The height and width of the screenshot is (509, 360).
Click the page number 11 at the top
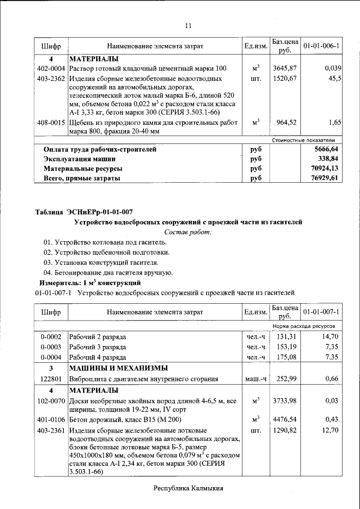pos(188,25)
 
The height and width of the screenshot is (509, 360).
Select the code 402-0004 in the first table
pos(51,68)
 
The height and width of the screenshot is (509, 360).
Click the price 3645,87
pos(285,68)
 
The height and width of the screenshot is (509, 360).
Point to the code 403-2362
pos(51,78)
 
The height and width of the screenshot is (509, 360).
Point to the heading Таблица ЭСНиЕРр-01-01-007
pos(84,212)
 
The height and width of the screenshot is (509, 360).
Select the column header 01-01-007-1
pos(325,312)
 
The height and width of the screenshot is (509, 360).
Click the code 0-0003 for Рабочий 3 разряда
pos(51,347)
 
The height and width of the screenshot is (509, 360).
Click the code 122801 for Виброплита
pos(51,380)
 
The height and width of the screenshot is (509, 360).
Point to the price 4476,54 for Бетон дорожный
pos(285,420)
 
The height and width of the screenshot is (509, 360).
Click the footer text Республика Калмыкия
pos(188,488)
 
